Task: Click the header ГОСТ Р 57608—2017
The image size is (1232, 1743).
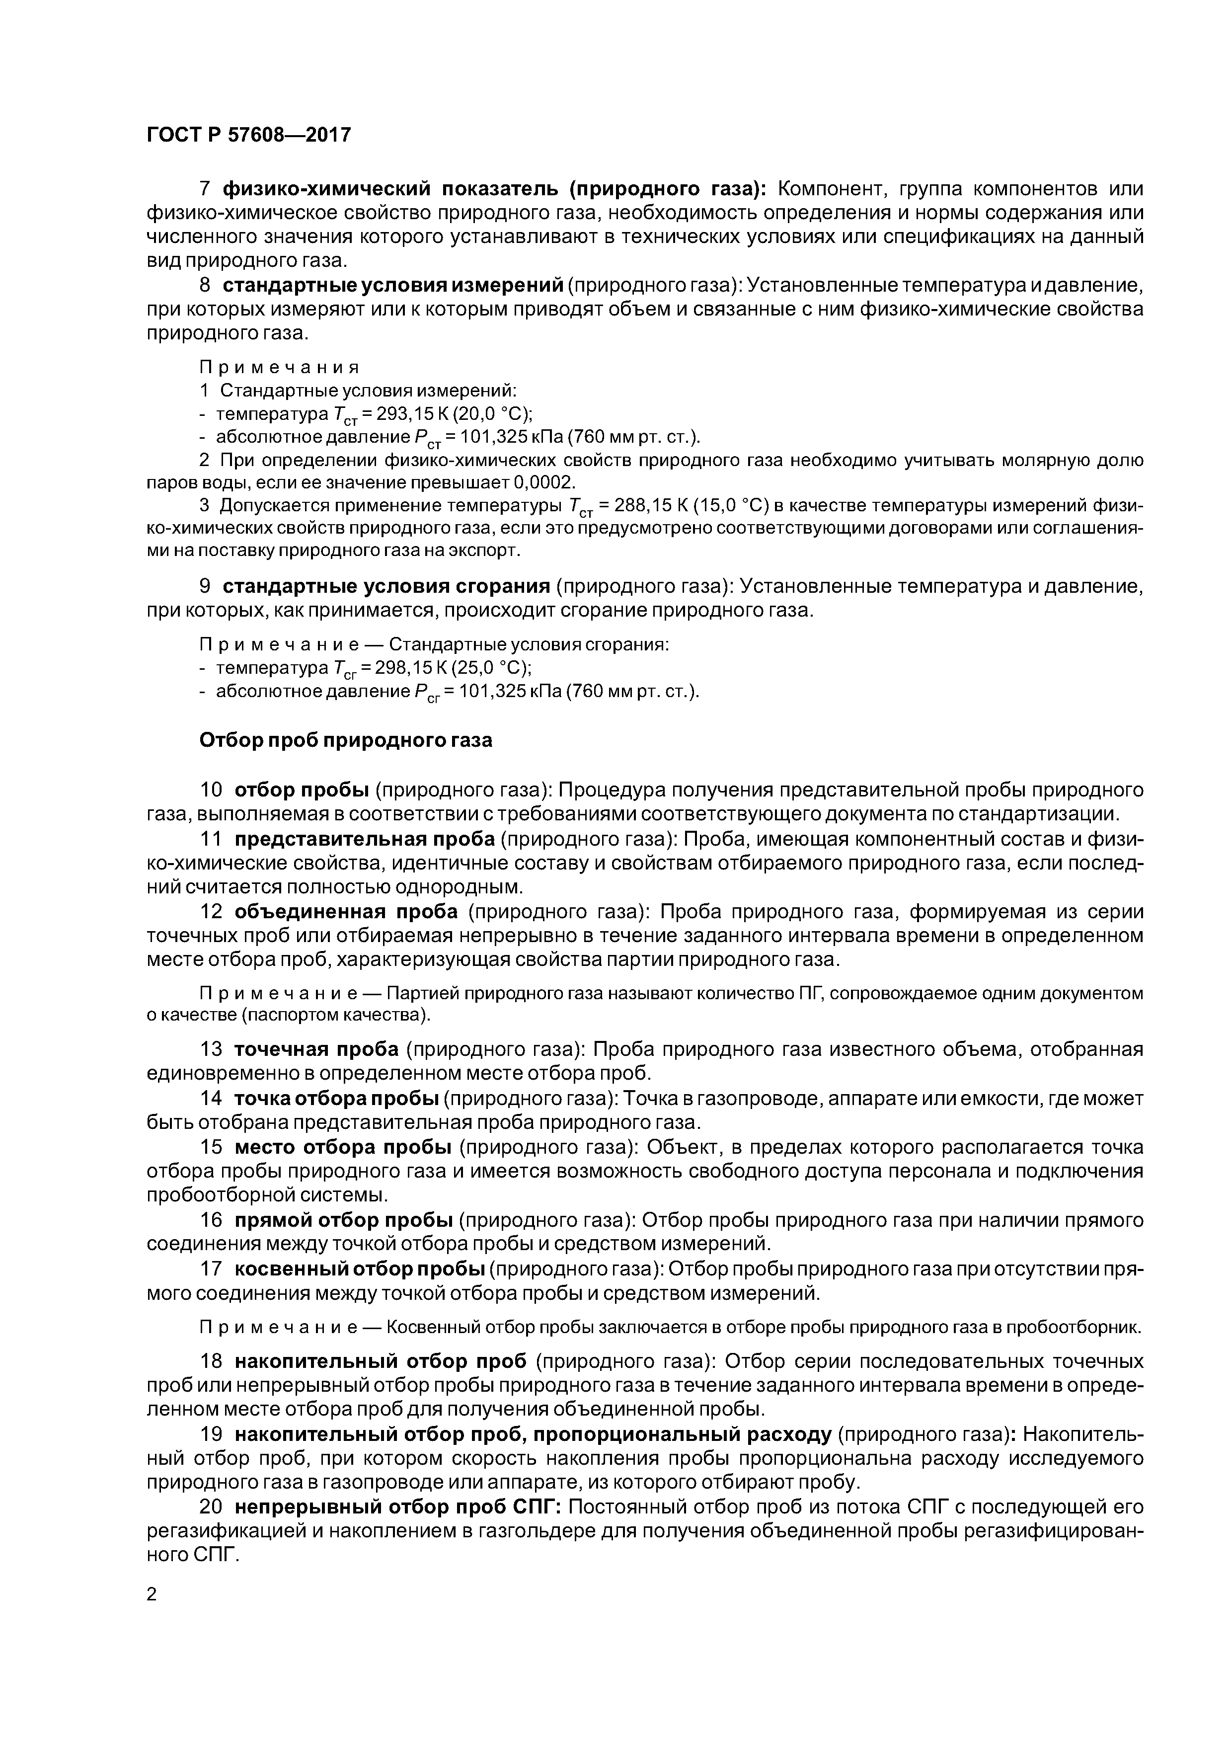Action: pos(248,135)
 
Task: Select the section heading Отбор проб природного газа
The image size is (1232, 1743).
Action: pos(345,740)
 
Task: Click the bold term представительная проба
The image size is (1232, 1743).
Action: pos(365,839)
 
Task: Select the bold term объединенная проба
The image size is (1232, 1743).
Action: pos(346,912)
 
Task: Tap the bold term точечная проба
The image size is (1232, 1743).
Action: pos(316,1049)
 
